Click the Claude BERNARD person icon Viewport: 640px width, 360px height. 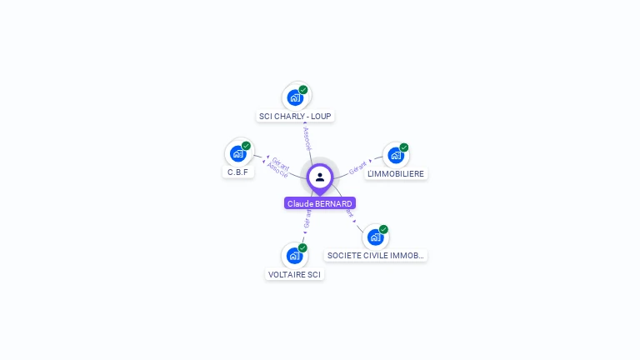tap(320, 177)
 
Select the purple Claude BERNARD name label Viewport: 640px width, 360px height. tap(320, 203)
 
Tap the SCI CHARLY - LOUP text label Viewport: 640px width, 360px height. tap(296, 116)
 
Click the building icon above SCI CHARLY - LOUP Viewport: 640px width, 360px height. tap(295, 97)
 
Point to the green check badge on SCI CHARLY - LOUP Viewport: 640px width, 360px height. tap(303, 89)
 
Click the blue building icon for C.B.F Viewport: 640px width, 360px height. tap(237, 153)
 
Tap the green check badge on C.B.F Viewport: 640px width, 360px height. tap(246, 146)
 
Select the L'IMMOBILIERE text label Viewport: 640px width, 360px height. tap(396, 173)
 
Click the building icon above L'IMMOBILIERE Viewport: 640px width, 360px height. tap(395, 155)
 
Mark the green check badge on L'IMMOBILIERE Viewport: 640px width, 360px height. tap(404, 147)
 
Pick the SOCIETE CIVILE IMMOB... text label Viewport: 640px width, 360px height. tap(376, 256)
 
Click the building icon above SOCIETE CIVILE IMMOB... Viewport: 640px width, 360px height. tap(375, 237)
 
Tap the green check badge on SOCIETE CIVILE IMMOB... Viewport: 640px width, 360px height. tap(383, 229)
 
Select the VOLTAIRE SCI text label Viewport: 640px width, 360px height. tap(294, 274)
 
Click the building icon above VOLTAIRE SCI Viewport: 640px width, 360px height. tap(294, 256)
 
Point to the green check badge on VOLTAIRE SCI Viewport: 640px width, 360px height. tap(302, 247)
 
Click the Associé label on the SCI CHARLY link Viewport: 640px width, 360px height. tap(307, 138)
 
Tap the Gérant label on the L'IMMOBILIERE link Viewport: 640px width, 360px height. tap(357, 167)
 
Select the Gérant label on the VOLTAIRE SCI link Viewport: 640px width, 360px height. tap(307, 219)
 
